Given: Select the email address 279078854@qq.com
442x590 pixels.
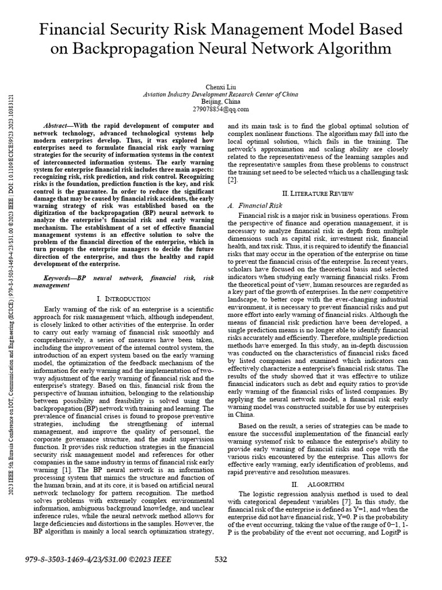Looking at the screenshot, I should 220,108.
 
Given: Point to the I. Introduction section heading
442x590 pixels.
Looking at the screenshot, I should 124,298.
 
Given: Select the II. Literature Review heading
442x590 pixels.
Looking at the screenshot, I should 318,192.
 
